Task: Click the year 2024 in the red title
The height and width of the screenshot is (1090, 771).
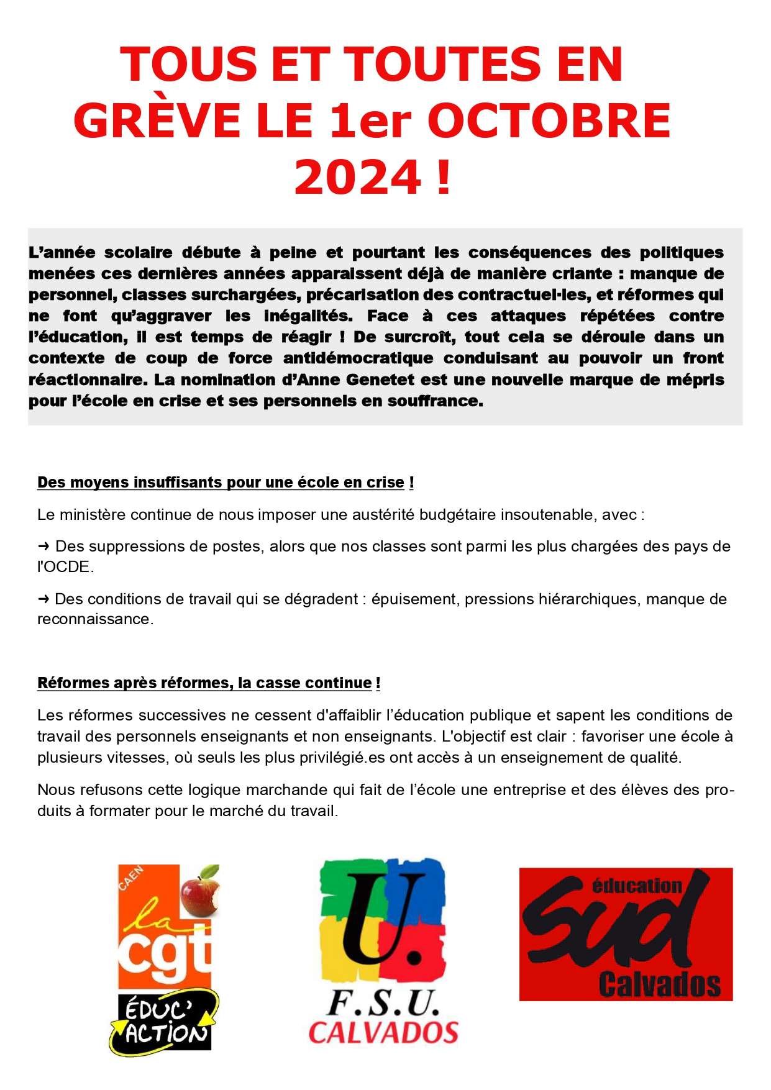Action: pos(358,177)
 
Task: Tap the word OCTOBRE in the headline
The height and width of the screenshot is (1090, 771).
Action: pos(549,120)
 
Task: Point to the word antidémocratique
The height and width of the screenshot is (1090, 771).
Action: pos(358,358)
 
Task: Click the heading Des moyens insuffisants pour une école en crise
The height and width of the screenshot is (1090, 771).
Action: pos(221,483)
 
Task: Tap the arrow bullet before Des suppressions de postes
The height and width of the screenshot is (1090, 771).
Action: pos(43,547)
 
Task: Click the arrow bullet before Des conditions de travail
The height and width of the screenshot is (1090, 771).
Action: pos(43,599)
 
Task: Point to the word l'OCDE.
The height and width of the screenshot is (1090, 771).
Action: pos(65,567)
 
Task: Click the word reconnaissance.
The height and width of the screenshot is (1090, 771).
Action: pos(94,619)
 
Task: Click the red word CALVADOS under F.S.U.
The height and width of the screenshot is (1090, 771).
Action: pos(383,1033)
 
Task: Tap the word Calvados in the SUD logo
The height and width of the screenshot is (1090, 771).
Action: pos(659,985)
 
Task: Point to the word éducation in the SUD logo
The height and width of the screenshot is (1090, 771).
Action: pos(637,886)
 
